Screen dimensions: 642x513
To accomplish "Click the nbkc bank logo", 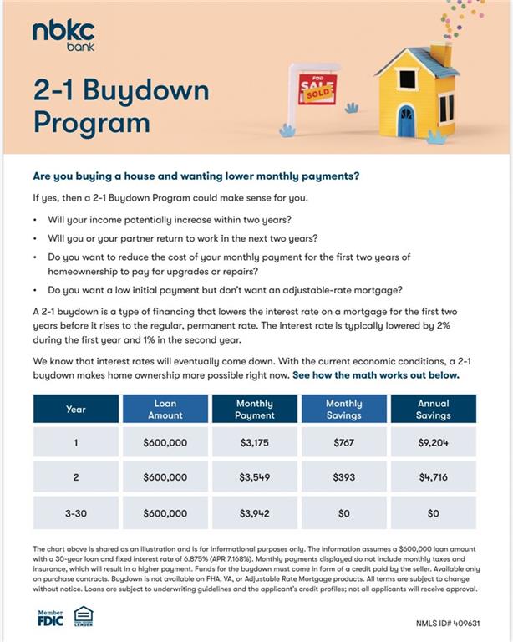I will [x=63, y=35].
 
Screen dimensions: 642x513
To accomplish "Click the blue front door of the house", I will [x=406, y=121].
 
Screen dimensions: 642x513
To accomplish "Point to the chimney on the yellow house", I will [x=441, y=53].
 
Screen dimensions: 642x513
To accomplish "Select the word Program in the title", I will [x=92, y=122].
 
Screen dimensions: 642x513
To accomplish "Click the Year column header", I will [x=76, y=409].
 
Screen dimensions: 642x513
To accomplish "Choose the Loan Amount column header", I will [x=165, y=409].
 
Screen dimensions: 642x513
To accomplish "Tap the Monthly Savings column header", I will [x=343, y=409].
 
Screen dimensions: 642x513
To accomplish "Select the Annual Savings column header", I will [x=433, y=409].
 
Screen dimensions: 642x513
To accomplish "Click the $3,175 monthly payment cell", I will [x=255, y=442].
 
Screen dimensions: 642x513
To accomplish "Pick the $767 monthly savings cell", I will [x=343, y=442].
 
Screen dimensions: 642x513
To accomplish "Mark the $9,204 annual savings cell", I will [x=433, y=442].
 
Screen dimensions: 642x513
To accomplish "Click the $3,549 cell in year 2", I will [x=255, y=477].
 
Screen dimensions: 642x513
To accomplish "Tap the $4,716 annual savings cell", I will [x=433, y=477].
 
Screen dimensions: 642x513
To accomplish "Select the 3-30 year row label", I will [x=76, y=512].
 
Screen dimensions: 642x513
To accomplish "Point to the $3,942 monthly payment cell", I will [x=255, y=512].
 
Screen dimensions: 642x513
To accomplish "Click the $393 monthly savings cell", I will [x=343, y=477].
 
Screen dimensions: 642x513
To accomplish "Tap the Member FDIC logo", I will [x=50, y=618].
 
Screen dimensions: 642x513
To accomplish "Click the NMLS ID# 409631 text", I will [x=448, y=624].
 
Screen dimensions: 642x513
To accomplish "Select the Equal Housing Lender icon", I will [x=83, y=617].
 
